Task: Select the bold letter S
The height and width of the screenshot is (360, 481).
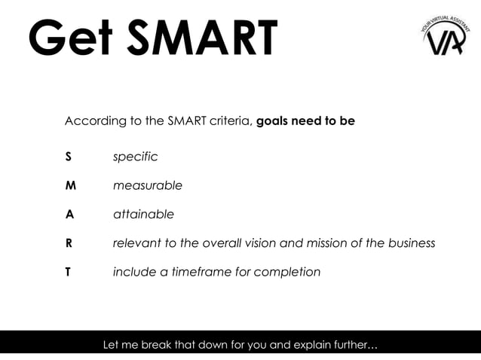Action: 68,157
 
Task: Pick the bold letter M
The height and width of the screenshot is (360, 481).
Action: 69,186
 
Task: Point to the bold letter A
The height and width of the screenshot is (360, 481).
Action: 69,215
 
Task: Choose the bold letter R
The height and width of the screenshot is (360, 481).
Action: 69,243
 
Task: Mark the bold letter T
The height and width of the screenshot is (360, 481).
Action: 68,272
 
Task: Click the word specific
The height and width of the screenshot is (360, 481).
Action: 135,157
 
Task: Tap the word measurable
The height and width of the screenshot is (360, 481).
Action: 147,186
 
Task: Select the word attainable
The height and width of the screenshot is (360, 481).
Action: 143,215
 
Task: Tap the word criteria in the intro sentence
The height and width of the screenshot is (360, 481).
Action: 230,121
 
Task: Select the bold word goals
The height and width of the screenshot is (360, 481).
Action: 274,121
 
